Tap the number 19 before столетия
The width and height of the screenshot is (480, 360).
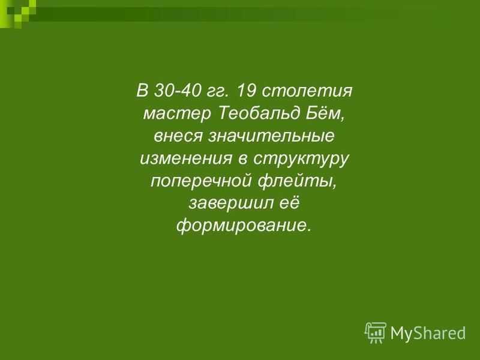pos(247,91)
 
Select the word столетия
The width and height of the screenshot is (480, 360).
pos(307,91)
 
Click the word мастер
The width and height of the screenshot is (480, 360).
pos(177,114)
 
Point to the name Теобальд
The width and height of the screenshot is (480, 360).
pos(259,113)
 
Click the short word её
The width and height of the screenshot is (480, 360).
pos(289,203)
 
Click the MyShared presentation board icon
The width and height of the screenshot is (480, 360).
pos(376,332)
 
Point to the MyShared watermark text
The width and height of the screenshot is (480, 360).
pos(428,333)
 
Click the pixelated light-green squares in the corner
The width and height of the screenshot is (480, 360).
pos(16,12)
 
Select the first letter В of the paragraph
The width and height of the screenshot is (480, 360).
pos(142,91)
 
